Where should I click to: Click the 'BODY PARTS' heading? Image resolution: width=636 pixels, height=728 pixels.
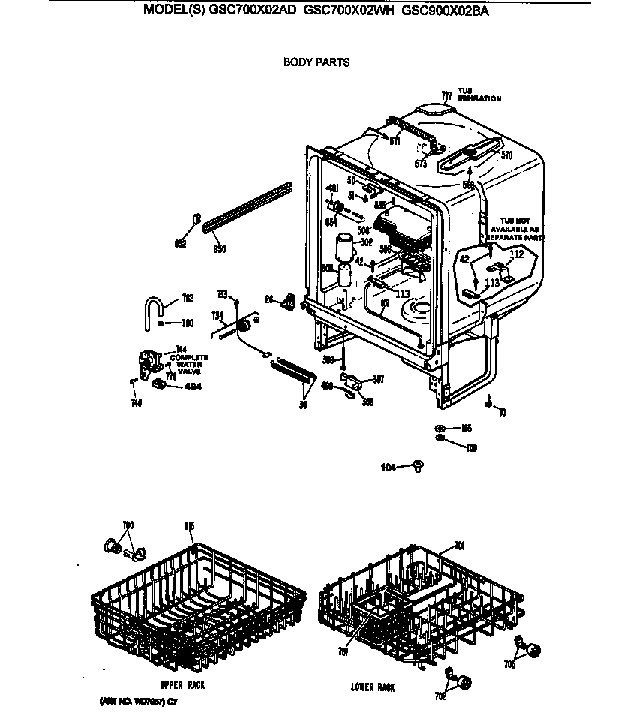coord(316,62)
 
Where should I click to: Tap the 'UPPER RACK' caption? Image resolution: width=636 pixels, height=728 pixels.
coord(181,685)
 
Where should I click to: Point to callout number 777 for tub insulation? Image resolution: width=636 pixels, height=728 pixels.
coord(446,96)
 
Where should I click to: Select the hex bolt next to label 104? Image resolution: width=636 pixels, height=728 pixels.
coord(417,467)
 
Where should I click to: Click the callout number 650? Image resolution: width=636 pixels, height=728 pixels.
coord(220,248)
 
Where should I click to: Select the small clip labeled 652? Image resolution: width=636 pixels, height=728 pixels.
coord(197,220)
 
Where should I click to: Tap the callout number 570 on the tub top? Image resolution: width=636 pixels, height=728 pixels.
coord(506,156)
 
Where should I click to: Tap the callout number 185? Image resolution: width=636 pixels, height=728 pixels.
coord(466,429)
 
